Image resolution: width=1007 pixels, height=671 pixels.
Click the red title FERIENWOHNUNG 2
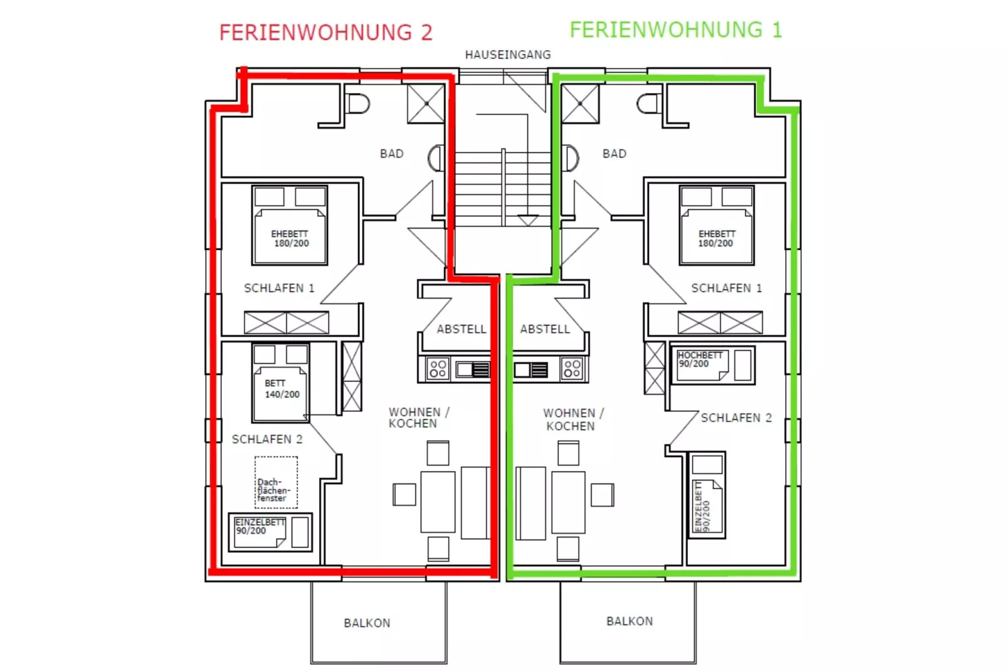coord(325,33)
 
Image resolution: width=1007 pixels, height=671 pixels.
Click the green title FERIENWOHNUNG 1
coord(675,30)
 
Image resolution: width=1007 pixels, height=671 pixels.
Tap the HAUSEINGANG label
coord(507,55)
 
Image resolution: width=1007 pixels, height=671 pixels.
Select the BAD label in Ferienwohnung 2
coord(391,154)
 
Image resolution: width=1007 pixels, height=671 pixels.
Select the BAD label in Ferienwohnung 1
coord(614,154)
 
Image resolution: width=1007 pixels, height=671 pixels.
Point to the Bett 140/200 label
coord(282,389)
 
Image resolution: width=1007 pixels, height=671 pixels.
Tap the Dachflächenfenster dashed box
coord(276,482)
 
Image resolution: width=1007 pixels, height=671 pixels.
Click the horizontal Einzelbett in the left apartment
coord(270,532)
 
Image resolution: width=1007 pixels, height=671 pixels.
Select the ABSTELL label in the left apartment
coord(461,329)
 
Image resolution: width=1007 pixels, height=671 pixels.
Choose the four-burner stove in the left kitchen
coord(438,369)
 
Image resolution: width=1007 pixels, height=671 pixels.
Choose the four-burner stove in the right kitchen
coord(572,369)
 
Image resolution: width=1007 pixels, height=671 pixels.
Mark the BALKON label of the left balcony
coord(367,623)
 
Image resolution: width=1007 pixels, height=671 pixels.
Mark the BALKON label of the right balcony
coord(629,621)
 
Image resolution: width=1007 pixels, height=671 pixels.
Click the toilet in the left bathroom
coord(358,103)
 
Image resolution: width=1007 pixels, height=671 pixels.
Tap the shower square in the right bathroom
coord(580,103)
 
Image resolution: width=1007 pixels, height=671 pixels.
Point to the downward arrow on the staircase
coord(527,220)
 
